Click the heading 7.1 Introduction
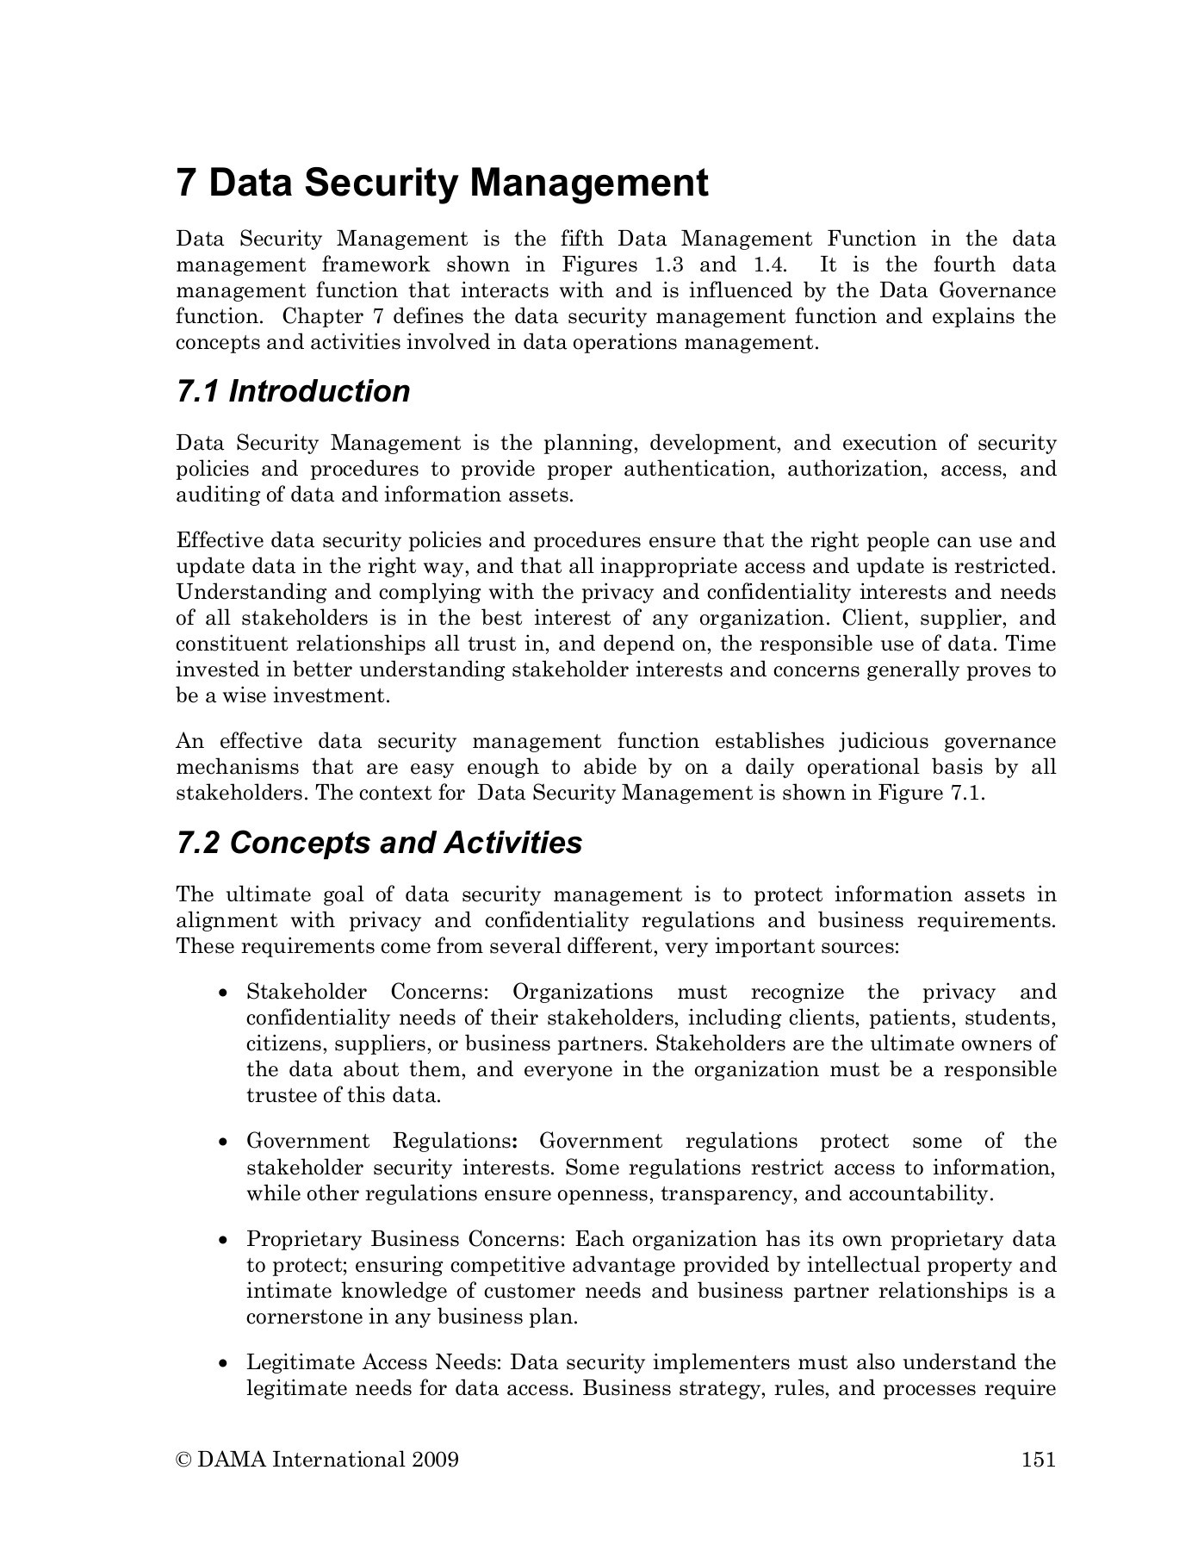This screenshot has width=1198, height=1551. click(x=293, y=391)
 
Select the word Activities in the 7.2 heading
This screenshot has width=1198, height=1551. click(x=513, y=843)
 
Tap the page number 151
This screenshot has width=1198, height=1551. click(x=1038, y=1459)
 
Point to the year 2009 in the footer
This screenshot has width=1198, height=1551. click(x=435, y=1459)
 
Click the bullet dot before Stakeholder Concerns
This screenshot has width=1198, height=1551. click(x=224, y=994)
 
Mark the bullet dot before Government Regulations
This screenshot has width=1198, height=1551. click(x=224, y=1143)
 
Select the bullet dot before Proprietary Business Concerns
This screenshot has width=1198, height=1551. click(x=224, y=1241)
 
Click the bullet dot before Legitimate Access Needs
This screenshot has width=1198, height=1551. click(x=224, y=1364)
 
